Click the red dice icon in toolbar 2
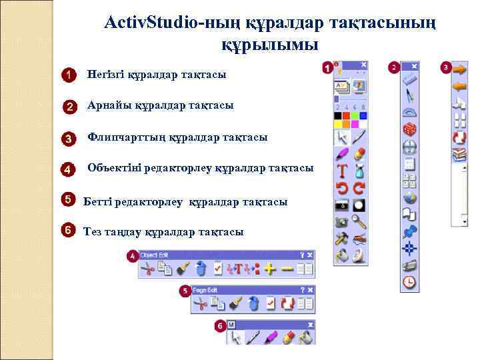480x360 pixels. pyautogui.click(x=410, y=129)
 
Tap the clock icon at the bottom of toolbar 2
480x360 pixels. pyautogui.click(x=410, y=282)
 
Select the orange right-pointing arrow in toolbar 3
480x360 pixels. pyautogui.click(x=459, y=69)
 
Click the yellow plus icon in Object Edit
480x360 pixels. pyautogui.click(x=269, y=268)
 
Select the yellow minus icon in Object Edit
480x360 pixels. pyautogui.click(x=287, y=268)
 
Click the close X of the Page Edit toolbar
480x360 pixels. pyautogui.click(x=311, y=290)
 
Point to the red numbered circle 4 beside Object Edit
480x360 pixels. pyautogui.click(x=133, y=256)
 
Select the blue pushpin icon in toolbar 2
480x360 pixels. pyautogui.click(x=410, y=231)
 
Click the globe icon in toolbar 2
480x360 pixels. pyautogui.click(x=410, y=197)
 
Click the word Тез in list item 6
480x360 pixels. pyautogui.click(x=93, y=231)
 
